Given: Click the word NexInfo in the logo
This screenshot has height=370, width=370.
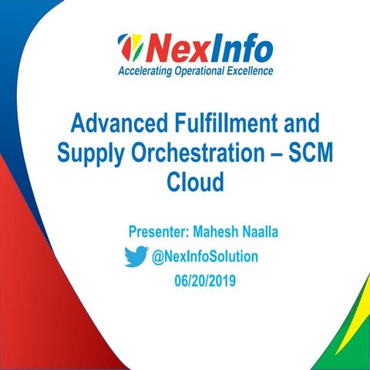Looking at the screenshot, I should pos(208,49).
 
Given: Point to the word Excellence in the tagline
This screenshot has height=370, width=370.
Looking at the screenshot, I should pos(251,72).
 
